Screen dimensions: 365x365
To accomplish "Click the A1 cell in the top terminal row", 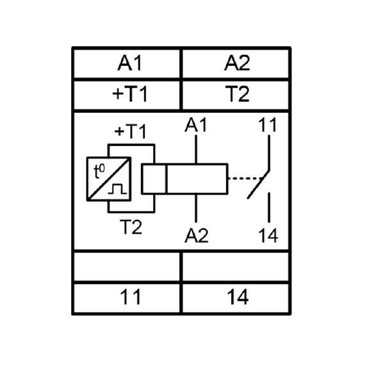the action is pyautogui.click(x=127, y=63).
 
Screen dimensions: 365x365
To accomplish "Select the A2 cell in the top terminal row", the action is pyautogui.click(x=236, y=63).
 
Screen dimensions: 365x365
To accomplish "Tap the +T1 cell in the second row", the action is pyautogui.click(x=127, y=95).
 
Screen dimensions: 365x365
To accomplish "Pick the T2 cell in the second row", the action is pyautogui.click(x=236, y=95).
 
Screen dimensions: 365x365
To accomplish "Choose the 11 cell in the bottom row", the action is pyautogui.click(x=127, y=298).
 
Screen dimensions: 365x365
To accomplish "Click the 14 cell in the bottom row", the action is pyautogui.click(x=236, y=298).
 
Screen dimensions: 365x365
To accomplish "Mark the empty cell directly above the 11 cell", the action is pyautogui.click(x=127, y=266).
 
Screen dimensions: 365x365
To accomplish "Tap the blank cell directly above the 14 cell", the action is pyautogui.click(x=236, y=266).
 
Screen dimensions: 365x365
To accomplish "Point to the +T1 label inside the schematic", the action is pyautogui.click(x=131, y=131).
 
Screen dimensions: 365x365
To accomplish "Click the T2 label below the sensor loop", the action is pyautogui.click(x=131, y=227).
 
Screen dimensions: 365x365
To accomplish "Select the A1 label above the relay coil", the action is pyautogui.click(x=196, y=125).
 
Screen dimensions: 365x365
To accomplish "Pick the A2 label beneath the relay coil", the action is pyautogui.click(x=197, y=236).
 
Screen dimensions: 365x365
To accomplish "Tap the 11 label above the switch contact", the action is pyautogui.click(x=268, y=125).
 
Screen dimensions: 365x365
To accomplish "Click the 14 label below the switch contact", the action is pyautogui.click(x=268, y=236).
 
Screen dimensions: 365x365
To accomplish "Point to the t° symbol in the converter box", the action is pyautogui.click(x=99, y=171).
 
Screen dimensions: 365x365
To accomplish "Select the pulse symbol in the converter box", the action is pyautogui.click(x=117, y=189).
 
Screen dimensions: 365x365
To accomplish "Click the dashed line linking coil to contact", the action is pyautogui.click(x=246, y=179).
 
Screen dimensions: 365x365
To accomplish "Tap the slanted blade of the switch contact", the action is pyautogui.click(x=259, y=184).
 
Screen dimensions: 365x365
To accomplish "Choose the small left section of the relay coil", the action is pyautogui.click(x=154, y=179).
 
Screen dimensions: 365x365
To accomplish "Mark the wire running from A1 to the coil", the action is pyautogui.click(x=196, y=149).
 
